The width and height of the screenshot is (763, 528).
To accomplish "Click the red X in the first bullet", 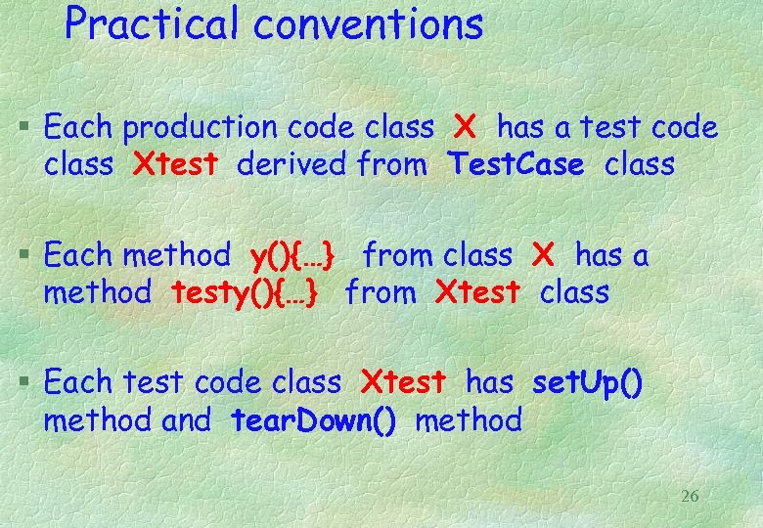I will coord(465,127).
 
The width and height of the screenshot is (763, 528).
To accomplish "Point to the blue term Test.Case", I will coord(516,164).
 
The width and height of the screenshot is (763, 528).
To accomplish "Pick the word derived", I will coord(291,164).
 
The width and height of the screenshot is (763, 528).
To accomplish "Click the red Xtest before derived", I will coord(175,164).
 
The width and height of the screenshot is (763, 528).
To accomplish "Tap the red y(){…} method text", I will coord(293,256).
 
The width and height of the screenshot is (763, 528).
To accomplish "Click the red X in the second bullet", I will coord(543,256).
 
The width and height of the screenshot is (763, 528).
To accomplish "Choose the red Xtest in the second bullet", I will coord(476,292).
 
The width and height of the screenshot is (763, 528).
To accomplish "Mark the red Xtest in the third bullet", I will coord(403,383).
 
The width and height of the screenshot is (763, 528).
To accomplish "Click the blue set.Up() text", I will coord(587,383).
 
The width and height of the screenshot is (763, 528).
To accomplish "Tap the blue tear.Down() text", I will coord(314,420).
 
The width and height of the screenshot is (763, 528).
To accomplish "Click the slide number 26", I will coord(690,497).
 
